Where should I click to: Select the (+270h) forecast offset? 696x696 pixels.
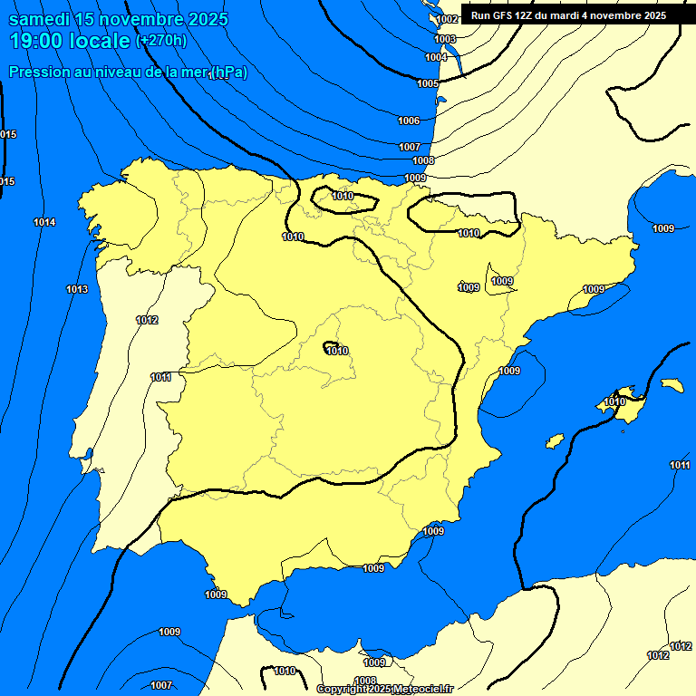coord(161,41)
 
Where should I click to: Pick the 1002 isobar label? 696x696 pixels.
coord(447,19)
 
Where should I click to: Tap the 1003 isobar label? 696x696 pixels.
coord(445,39)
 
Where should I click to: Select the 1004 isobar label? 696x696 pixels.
coord(436,57)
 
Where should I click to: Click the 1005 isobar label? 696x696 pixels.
coord(428,83)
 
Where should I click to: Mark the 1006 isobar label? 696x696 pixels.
coord(409,121)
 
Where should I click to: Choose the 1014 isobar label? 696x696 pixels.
coord(44,222)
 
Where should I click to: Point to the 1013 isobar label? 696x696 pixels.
coord(77,289)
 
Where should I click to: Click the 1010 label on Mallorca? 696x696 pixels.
coord(615,401)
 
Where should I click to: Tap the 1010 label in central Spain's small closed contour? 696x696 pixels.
coord(337,351)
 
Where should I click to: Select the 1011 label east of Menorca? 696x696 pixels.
coord(680,465)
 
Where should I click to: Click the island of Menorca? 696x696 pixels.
coord(672,385)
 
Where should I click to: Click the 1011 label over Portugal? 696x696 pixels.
coord(161,377)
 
